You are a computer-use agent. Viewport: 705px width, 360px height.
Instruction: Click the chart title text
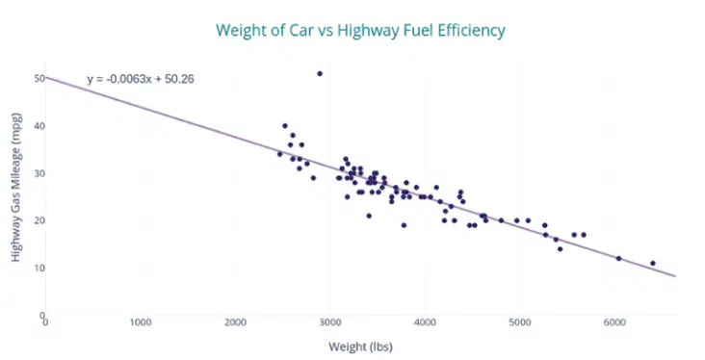360,31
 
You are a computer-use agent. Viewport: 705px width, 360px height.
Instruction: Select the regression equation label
141,79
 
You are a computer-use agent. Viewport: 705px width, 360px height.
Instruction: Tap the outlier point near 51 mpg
320,74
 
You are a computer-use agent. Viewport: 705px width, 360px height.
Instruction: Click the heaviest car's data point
653,264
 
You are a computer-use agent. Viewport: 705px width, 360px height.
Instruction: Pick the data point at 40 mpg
285,126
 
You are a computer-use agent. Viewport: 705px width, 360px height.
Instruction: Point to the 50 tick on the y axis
39,79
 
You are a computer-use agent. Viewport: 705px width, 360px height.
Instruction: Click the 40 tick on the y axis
39,126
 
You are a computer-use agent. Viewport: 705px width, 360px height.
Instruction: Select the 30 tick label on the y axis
39,173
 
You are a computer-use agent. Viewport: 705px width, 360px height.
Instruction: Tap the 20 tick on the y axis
39,220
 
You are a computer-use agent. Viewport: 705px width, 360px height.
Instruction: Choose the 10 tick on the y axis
39,268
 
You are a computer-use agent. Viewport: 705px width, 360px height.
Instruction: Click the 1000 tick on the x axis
141,322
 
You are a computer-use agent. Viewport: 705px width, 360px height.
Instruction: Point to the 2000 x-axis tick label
235,322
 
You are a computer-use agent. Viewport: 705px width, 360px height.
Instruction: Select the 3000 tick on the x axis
330,322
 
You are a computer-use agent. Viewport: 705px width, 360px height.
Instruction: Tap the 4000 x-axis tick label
425,322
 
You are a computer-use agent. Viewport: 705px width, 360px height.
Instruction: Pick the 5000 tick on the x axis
520,322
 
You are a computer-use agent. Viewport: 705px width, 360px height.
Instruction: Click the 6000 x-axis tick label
614,322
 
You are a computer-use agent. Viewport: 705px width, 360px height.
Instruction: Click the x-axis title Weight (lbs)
360,347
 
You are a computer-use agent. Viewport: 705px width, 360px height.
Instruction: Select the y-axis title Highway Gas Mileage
15,188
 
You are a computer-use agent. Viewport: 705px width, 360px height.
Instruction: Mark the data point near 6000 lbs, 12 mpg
618,258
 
